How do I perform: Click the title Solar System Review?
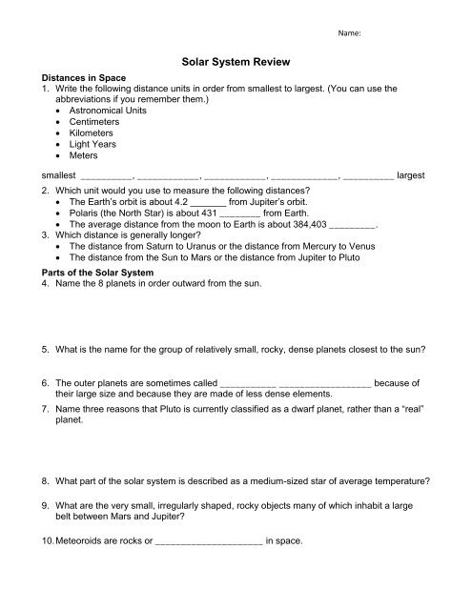coord(236,59)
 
